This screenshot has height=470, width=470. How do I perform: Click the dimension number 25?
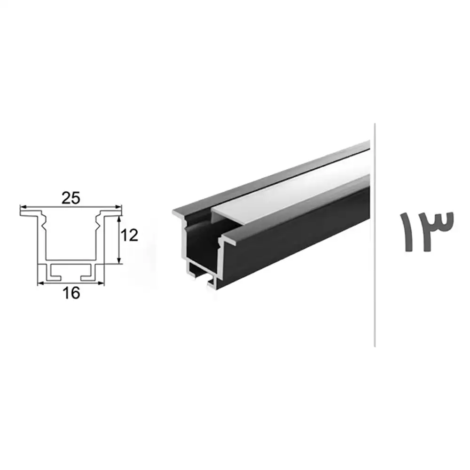point(71,198)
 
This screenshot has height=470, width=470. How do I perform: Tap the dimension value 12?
point(130,235)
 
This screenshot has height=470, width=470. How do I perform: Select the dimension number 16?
point(71,293)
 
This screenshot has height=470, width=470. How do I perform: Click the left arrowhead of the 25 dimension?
point(23,207)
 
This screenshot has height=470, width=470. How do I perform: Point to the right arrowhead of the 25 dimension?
point(119,207)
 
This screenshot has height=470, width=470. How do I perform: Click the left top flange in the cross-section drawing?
point(29,212)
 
